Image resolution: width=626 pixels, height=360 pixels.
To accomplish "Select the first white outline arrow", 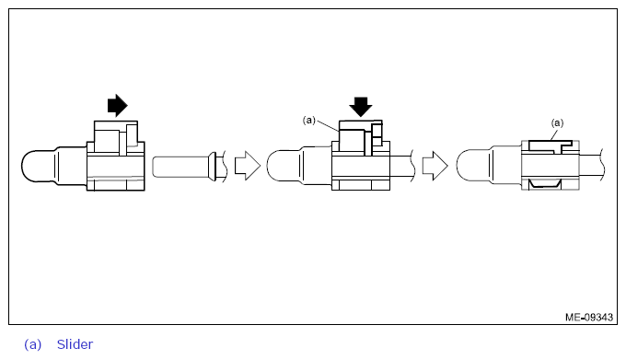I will pyautogui.click(x=247, y=167).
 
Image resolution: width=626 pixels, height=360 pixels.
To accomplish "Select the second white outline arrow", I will pyautogui.click(x=434, y=167).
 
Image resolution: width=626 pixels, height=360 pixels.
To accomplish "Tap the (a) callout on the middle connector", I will pyautogui.click(x=309, y=120).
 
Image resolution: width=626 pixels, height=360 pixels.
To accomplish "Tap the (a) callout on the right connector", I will pyautogui.click(x=556, y=122).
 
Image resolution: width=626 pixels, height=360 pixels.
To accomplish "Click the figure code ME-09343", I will pyautogui.click(x=588, y=317).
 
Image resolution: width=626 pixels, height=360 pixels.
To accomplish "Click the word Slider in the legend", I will pyautogui.click(x=75, y=344).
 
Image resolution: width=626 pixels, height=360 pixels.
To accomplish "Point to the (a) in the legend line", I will pyautogui.click(x=33, y=344).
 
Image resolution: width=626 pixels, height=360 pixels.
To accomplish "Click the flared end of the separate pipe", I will pyautogui.click(x=213, y=167).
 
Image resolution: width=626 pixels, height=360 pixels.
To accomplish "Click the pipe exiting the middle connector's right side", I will pyautogui.click(x=405, y=167).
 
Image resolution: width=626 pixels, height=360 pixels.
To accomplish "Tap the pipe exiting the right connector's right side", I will pyautogui.click(x=593, y=166).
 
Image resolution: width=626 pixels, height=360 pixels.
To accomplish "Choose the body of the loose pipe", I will pyautogui.click(x=180, y=167).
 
